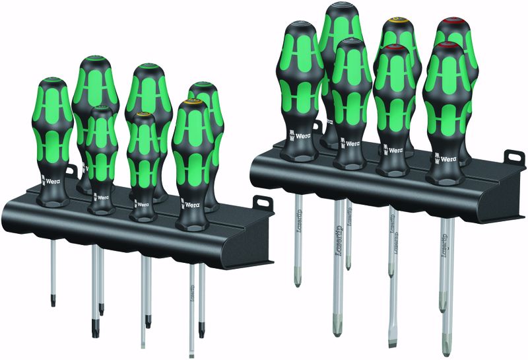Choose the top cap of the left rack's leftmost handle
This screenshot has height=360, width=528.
pyautogui.click(x=53, y=82)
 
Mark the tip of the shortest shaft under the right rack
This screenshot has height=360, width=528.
pyautogui.click(x=348, y=264)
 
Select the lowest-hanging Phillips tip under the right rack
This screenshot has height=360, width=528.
pyautogui.click(x=339, y=328)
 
